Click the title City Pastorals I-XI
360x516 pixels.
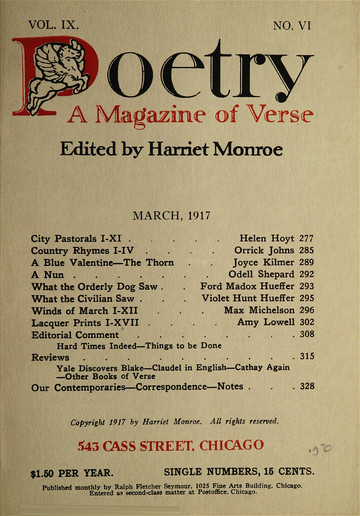tap(76, 240)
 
